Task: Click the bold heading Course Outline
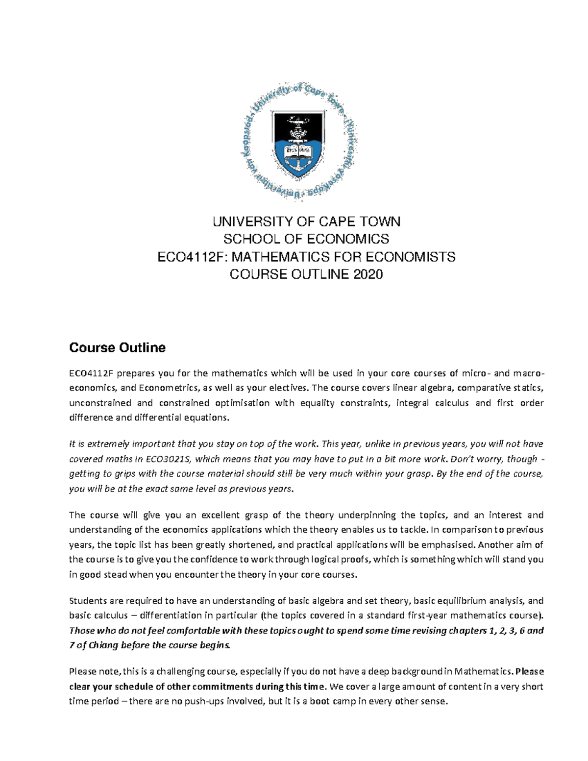[x=117, y=348]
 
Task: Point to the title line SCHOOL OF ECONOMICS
[x=306, y=239]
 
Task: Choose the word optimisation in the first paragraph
[x=245, y=403]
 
